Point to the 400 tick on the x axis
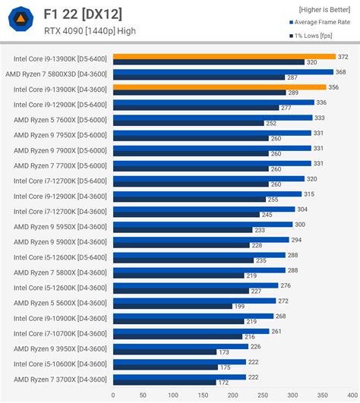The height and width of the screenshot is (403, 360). coord(352,395)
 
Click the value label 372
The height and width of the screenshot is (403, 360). coord(343,56)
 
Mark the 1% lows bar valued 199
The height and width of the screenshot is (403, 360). coord(172,306)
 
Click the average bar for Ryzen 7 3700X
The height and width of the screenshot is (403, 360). coord(179,376)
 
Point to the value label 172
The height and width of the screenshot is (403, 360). coord(223,383)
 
